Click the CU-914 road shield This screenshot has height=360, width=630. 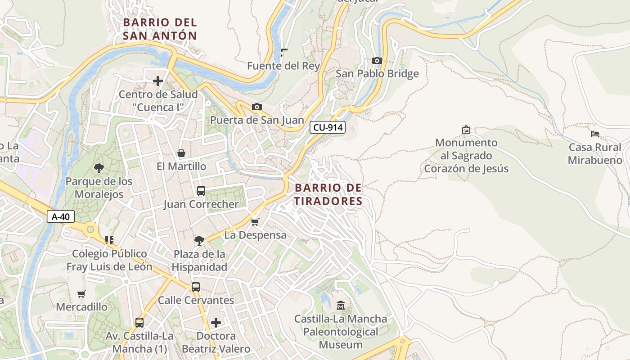click(328, 127)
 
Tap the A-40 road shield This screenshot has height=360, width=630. click(61, 216)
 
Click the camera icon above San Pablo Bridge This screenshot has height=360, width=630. click(377, 60)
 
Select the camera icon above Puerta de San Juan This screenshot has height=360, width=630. click(257, 107)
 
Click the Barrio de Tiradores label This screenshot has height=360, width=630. click(328, 194)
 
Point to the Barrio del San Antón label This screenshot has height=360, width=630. click(160, 29)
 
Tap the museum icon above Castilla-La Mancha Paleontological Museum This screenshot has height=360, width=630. click(341, 305)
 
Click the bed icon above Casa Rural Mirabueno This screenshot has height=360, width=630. click(595, 134)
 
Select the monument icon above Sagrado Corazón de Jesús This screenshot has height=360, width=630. click(466, 130)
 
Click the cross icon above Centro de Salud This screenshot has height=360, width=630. click(158, 81)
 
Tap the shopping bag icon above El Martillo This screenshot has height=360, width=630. click(181, 153)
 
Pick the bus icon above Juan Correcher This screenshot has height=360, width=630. click(201, 190)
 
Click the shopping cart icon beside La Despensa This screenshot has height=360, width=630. click(255, 222)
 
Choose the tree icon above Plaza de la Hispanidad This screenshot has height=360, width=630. click(199, 241)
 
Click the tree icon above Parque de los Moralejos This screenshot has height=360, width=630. click(99, 168)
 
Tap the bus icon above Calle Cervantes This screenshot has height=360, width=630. click(196, 287)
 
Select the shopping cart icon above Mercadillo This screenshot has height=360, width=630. click(81, 294)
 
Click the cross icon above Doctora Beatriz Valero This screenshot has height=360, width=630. click(216, 322)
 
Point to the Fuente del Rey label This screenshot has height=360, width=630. click(283, 66)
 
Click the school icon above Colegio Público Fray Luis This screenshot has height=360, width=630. click(109, 240)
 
